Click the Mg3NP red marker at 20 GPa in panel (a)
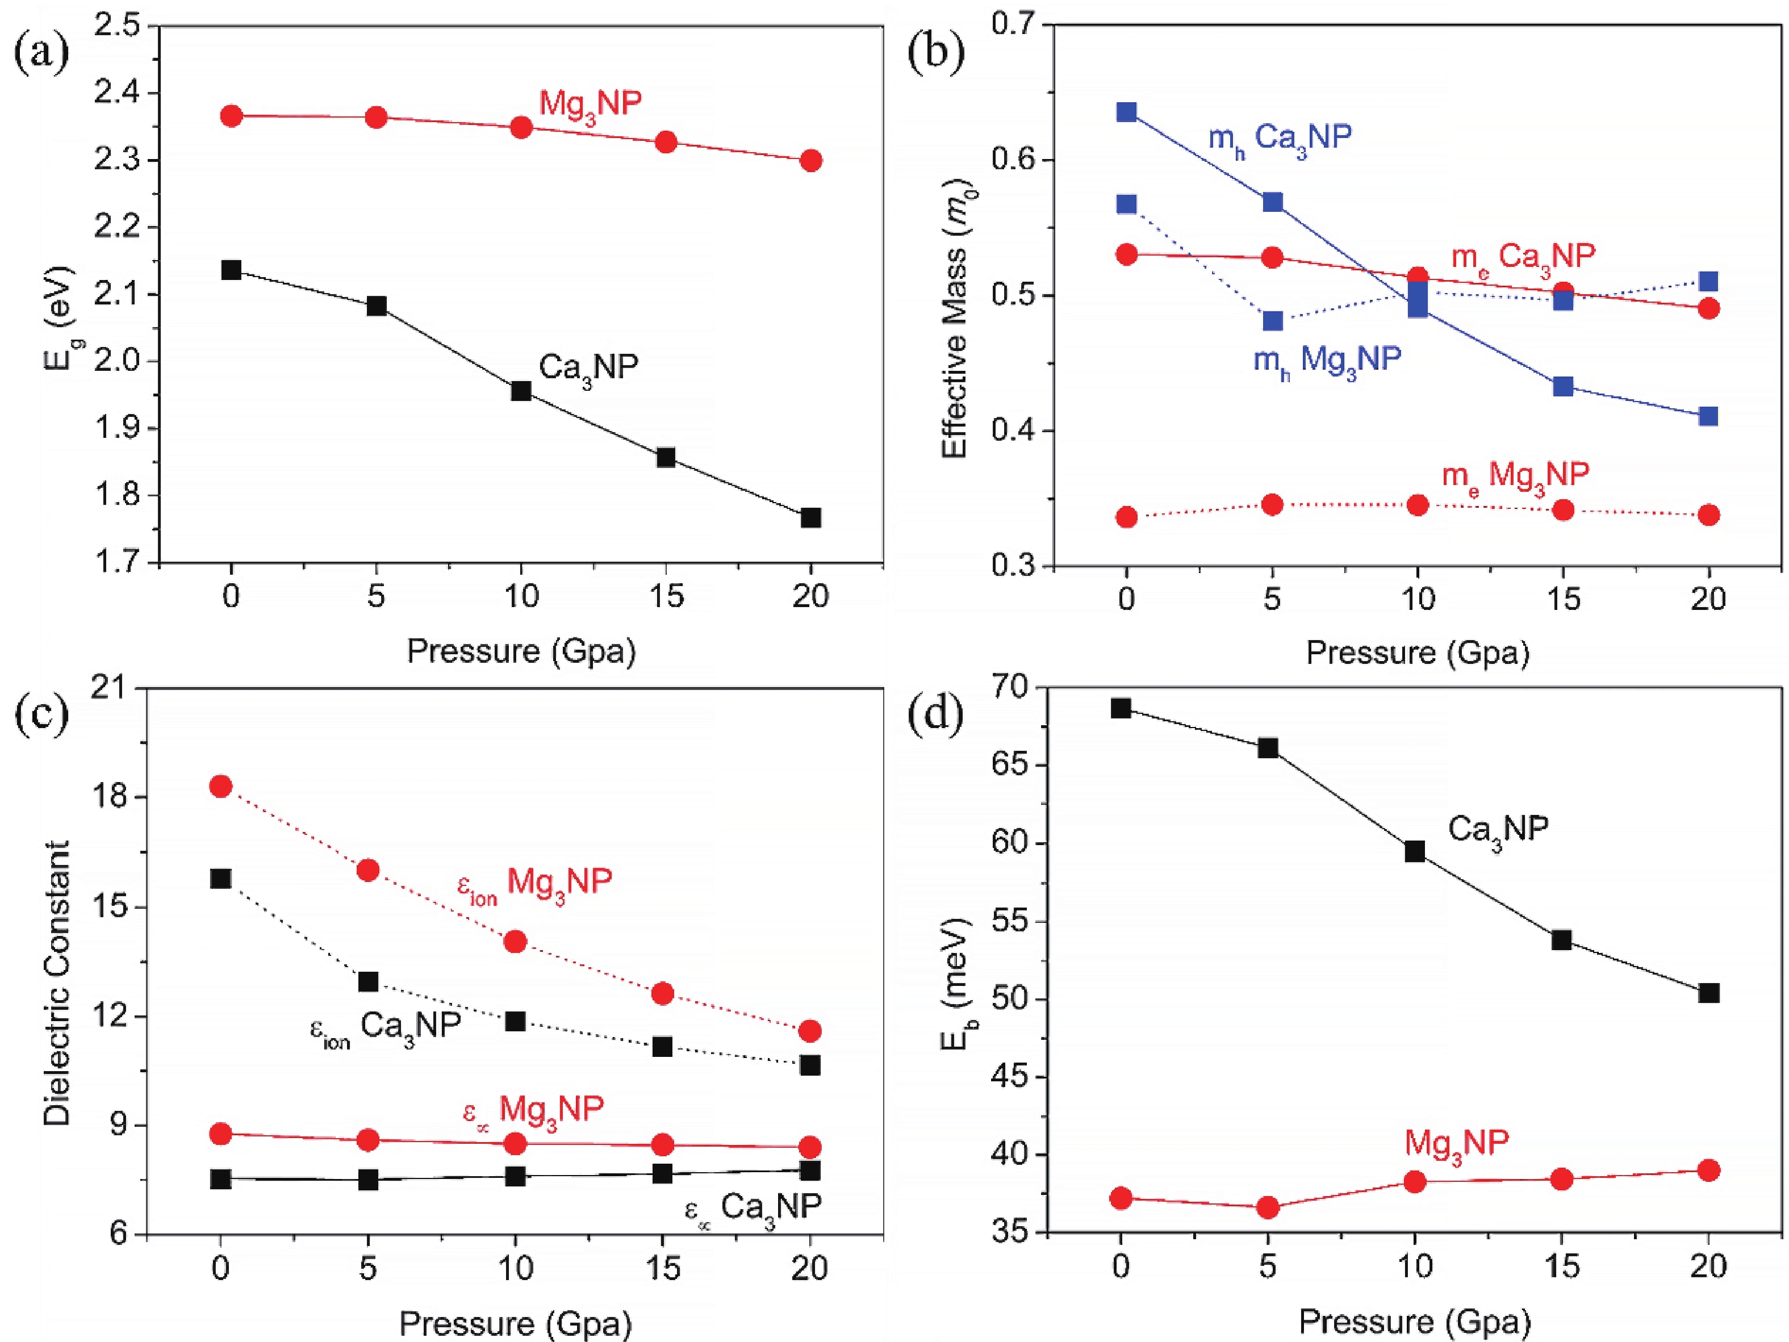(810, 160)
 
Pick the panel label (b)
(937, 53)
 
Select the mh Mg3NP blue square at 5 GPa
(1272, 320)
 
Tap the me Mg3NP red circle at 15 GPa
(1564, 509)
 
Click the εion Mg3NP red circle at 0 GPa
(221, 785)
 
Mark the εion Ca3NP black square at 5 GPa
(368, 981)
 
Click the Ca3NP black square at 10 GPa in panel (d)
(1415, 851)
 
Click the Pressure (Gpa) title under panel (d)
(1415, 1322)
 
